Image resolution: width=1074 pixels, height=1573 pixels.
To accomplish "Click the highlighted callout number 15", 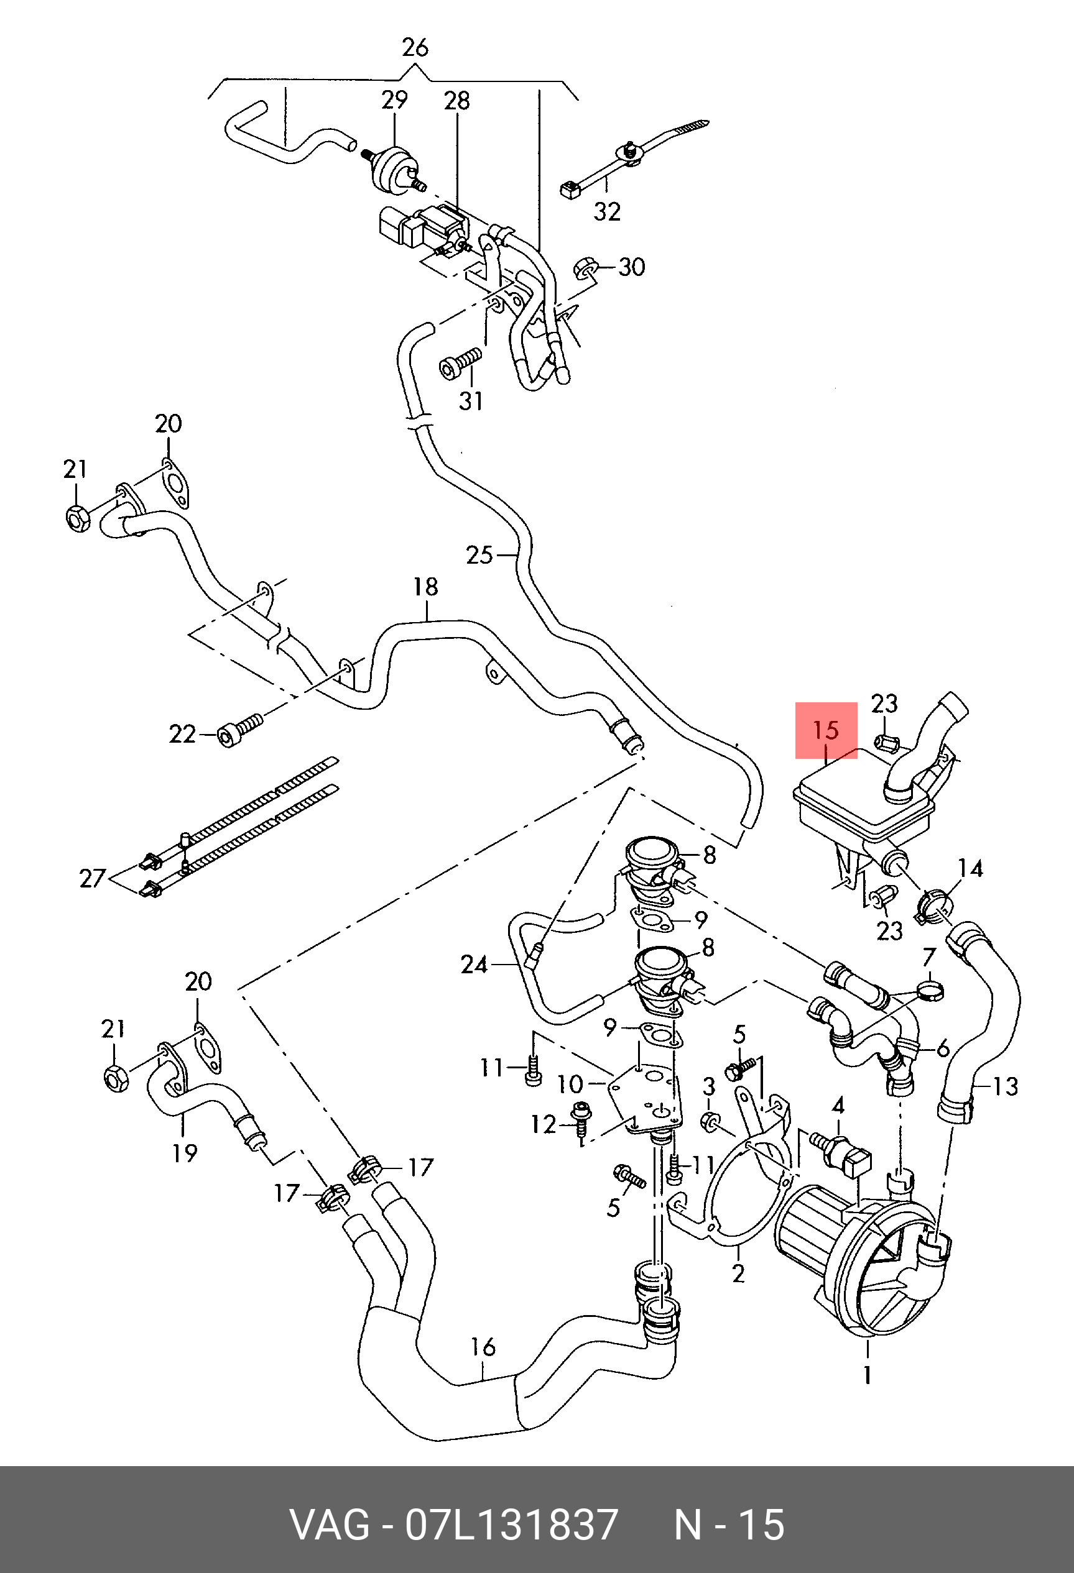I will point(826,731).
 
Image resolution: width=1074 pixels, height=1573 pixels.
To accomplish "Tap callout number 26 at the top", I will point(415,48).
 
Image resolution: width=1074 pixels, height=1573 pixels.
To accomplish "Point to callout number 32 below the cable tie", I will point(607,211).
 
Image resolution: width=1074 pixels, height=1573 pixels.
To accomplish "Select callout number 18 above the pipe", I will point(426,587).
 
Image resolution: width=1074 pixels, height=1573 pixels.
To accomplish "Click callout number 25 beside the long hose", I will point(479,555).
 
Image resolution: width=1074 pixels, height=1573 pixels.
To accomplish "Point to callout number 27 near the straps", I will point(93,879).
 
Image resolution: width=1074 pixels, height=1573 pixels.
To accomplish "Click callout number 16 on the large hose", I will point(483,1347).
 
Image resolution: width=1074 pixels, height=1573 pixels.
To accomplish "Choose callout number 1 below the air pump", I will point(868,1375).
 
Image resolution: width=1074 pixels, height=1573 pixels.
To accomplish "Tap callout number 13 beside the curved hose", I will point(1006,1086).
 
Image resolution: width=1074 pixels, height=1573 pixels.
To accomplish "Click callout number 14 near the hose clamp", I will point(971,868).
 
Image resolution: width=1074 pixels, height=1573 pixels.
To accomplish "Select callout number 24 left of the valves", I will point(474,964).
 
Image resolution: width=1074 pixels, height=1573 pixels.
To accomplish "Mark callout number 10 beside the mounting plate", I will point(570,1084).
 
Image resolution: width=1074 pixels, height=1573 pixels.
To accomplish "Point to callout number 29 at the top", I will point(394,100).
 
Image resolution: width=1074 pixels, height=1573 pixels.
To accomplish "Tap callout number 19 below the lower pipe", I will point(184,1153).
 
